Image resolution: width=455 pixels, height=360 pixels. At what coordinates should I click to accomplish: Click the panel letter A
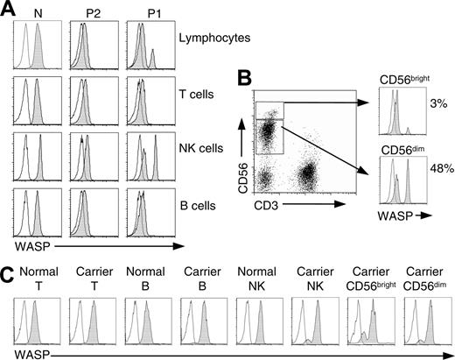[x=8, y=9]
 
